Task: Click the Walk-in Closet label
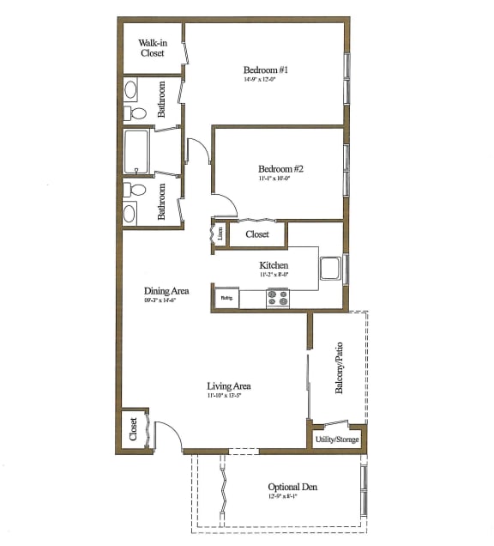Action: (153, 47)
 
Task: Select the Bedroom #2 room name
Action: (280, 169)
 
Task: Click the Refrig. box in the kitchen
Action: (226, 299)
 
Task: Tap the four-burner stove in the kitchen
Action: (278, 299)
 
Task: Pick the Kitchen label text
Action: (274, 266)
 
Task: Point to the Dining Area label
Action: (166, 291)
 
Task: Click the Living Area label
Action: (227, 386)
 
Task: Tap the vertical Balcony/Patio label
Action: (340, 369)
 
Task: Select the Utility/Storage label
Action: (336, 439)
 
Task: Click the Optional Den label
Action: (292, 488)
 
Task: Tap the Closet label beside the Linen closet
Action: (257, 234)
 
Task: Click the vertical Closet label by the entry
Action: (134, 429)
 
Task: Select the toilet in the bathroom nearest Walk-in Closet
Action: (136, 112)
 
